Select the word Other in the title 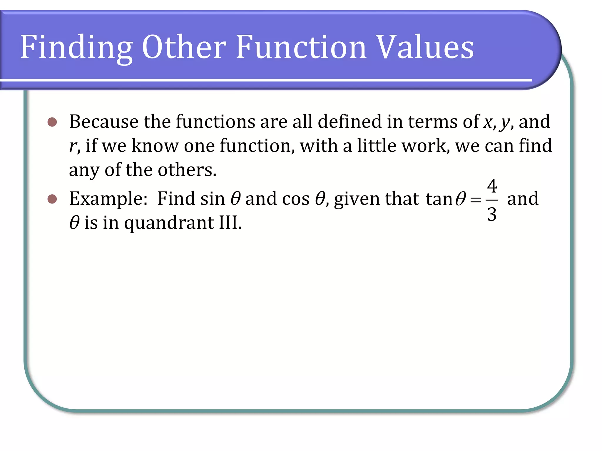(x=184, y=47)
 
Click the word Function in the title (x=301, y=47)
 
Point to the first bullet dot (x=52, y=122)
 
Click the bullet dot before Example (x=52, y=199)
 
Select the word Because (x=104, y=122)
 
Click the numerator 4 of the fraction (x=492, y=186)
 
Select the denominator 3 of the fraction (x=492, y=214)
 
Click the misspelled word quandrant (x=169, y=223)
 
